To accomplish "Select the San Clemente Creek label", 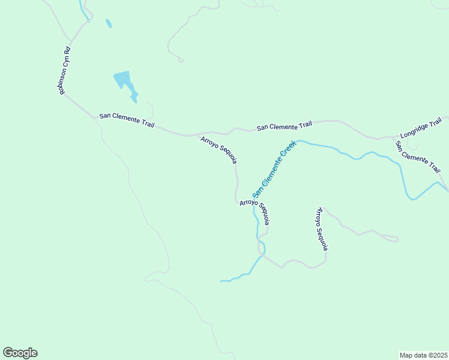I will click(x=274, y=169).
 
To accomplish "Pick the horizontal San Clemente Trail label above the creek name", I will click(x=285, y=126).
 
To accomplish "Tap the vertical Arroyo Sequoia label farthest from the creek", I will click(x=322, y=229).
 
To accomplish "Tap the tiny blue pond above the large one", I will click(x=109, y=23).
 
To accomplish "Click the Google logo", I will click(x=20, y=353).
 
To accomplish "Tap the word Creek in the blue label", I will click(x=286, y=152).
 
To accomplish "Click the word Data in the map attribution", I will click(x=416, y=355).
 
